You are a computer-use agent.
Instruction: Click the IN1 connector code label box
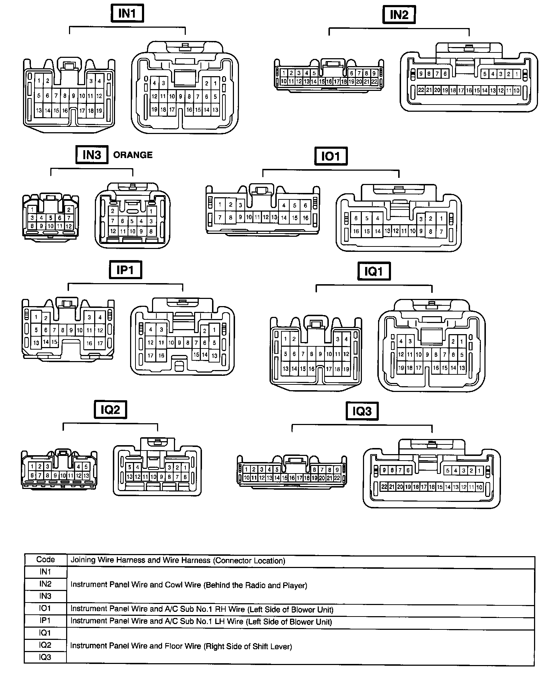(127, 14)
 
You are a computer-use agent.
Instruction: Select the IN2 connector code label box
(399, 15)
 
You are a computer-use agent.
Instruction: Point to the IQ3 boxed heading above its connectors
(362, 411)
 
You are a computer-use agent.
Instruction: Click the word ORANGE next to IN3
(133, 155)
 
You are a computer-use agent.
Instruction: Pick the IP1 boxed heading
(125, 270)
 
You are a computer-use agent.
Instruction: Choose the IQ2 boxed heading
(110, 410)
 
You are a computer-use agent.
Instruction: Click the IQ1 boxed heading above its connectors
(374, 271)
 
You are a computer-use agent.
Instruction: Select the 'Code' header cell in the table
(46, 560)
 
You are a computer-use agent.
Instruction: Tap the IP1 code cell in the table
(46, 620)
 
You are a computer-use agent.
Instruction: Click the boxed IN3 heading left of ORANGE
(92, 154)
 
